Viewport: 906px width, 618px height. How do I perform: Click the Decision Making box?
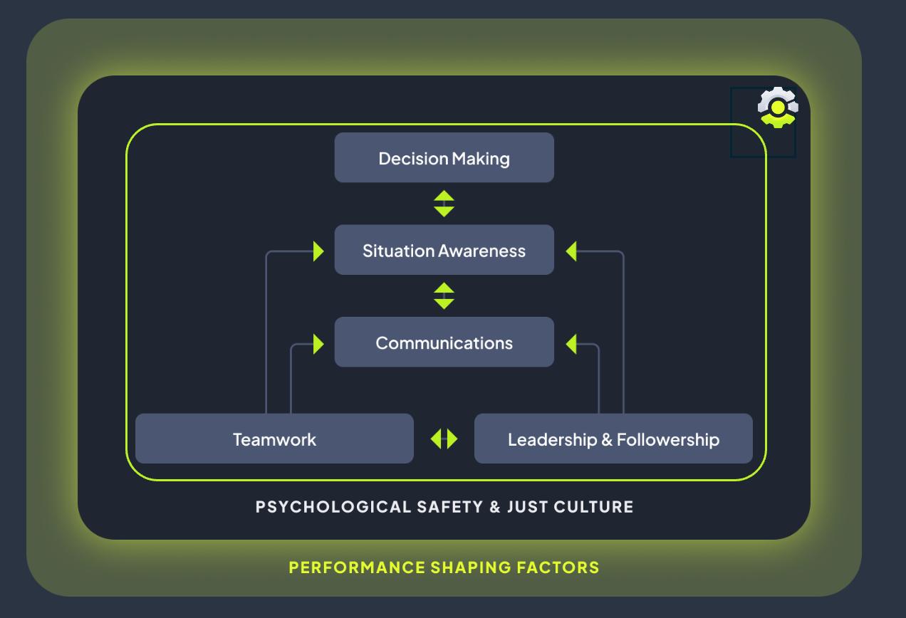pos(444,157)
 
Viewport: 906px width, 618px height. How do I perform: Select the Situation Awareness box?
pos(444,250)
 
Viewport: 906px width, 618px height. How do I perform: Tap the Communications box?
pos(444,342)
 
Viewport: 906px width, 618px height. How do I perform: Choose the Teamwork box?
pos(274,439)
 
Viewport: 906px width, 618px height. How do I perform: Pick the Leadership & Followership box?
pos(613,439)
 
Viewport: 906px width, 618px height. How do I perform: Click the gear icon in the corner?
pos(778,108)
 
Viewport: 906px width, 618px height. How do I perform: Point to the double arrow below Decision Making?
pos(444,204)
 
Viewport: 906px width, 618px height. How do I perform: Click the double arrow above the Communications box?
pos(444,295)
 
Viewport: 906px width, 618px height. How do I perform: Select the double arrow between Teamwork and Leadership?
pos(444,439)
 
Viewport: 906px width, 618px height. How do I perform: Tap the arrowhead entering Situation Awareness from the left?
pos(318,251)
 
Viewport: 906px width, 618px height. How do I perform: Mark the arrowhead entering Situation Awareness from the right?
pos(571,251)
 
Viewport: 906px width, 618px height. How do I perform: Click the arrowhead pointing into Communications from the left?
pos(318,344)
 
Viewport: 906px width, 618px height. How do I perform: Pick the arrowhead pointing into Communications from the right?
pos(571,344)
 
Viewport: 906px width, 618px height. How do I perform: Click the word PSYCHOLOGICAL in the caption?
pos(333,507)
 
